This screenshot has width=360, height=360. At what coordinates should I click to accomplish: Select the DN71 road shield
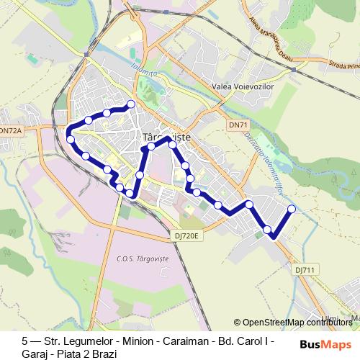tap(238, 125)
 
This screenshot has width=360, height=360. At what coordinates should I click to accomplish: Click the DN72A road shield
tap(10, 130)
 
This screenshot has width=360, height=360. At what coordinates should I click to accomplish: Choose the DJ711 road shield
tap(304, 269)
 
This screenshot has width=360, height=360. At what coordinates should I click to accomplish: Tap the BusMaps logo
tap(330, 343)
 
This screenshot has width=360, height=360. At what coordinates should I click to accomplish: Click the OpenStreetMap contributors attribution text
tap(297, 323)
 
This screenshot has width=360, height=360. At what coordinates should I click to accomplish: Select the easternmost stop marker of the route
tap(292, 209)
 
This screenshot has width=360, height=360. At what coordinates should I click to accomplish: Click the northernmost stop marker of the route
tap(132, 104)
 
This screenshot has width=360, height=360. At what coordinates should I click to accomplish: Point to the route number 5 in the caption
tap(25, 337)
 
